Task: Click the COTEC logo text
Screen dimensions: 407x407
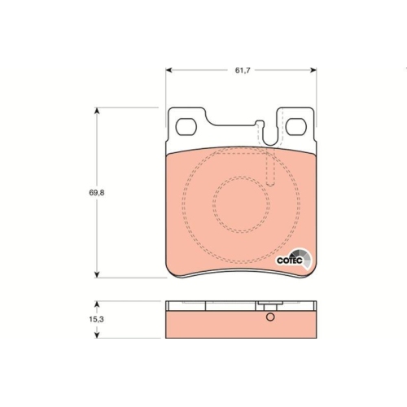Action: point(289,260)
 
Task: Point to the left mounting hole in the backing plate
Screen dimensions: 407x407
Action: point(187,127)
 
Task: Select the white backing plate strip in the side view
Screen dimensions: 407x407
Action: point(212,307)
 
